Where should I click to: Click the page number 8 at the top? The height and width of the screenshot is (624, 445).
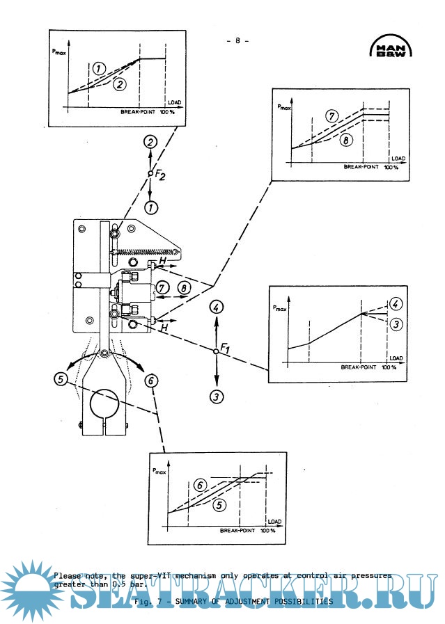pyautogui.click(x=237, y=40)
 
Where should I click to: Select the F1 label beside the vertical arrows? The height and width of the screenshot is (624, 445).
pyautogui.click(x=226, y=346)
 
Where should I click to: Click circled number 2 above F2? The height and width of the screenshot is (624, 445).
pyautogui.click(x=150, y=142)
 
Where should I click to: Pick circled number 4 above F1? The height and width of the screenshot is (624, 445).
pyautogui.click(x=217, y=306)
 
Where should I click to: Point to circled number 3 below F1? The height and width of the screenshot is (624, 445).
pyautogui.click(x=217, y=397)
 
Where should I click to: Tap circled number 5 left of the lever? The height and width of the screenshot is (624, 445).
pyautogui.click(x=62, y=378)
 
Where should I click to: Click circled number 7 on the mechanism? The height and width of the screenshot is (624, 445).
pyautogui.click(x=162, y=287)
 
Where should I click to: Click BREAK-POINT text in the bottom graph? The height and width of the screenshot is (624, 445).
pyautogui.click(x=240, y=531)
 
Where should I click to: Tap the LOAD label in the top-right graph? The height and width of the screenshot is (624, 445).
pyautogui.click(x=397, y=159)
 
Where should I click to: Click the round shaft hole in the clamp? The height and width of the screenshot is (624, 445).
pyautogui.click(x=103, y=403)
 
